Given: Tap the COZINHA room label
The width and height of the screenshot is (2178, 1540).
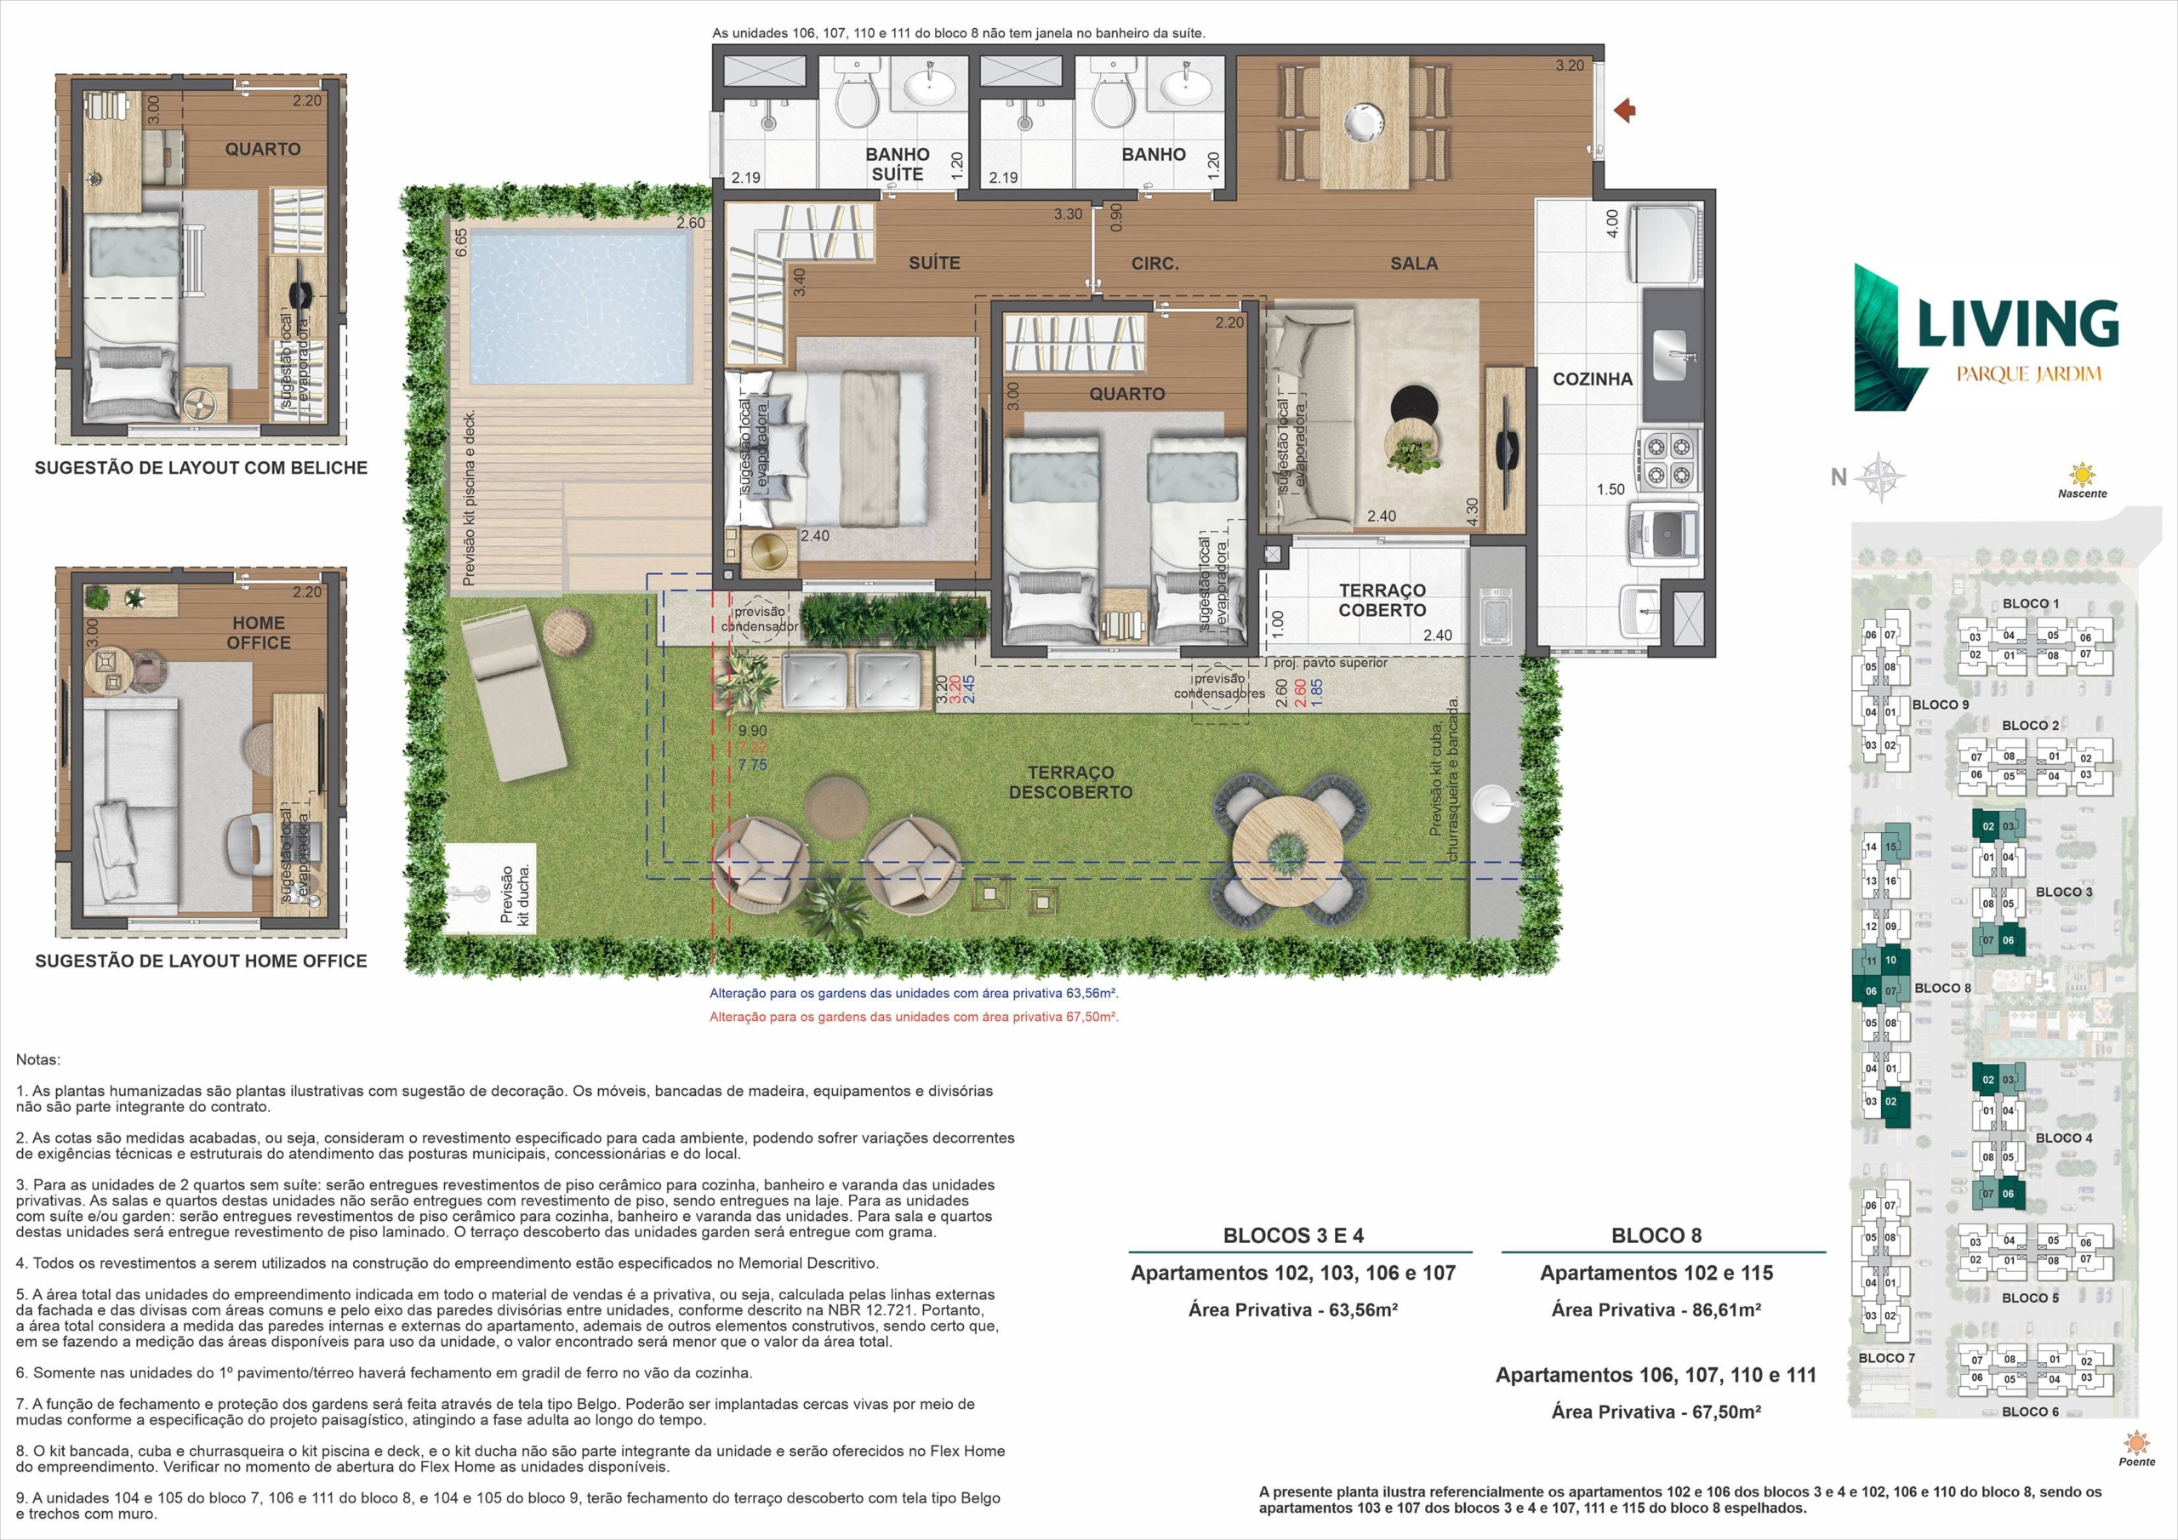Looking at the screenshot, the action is (1593, 379).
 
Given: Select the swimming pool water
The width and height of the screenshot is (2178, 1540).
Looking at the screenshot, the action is (580, 307).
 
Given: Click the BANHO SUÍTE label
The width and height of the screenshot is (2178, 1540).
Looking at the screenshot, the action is (898, 164).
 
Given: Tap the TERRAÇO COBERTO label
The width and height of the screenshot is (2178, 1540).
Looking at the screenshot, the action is (1383, 601).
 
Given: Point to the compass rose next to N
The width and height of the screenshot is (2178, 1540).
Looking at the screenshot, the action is (1879, 478).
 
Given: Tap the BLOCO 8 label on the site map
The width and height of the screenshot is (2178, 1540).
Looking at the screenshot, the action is (1942, 988).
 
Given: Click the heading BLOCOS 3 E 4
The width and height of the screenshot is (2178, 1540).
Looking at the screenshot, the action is (1293, 1235).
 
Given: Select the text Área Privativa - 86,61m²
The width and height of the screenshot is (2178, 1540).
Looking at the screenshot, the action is (1656, 1310).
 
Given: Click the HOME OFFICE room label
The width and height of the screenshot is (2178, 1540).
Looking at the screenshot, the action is (258, 633).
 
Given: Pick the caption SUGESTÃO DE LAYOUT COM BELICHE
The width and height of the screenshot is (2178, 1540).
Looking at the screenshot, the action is (201, 468).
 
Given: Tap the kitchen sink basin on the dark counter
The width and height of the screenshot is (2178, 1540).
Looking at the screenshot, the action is (1669, 346).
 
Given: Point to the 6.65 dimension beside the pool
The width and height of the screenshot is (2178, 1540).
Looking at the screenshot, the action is (461, 242).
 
